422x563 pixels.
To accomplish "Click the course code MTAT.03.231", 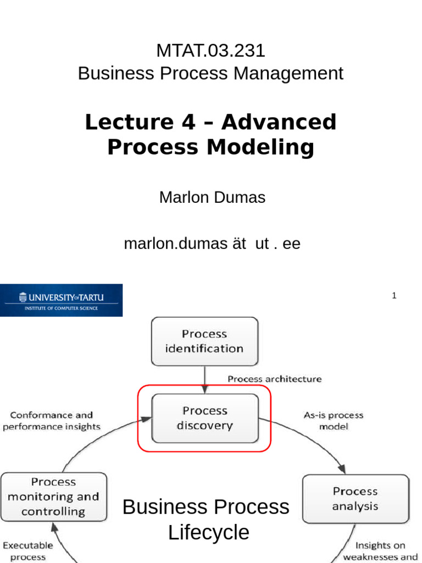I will click(210, 51).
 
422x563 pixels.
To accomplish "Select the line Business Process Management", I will click(210, 73).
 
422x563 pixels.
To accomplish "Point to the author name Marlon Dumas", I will click(212, 197).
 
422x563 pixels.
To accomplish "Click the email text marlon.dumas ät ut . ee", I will click(212, 244).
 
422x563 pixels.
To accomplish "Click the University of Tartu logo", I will click(61, 300).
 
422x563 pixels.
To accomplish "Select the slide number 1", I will click(394, 296).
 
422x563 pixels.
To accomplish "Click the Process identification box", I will click(204, 341).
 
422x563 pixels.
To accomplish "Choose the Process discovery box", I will click(204, 418).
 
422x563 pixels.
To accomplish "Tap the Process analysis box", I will click(355, 499).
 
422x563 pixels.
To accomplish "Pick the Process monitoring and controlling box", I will click(53, 497).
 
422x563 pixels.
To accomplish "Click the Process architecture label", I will click(274, 379).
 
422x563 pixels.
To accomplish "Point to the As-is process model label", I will click(334, 421).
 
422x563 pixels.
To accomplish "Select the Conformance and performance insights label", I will click(52, 421).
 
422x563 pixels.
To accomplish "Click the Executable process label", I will click(28, 551).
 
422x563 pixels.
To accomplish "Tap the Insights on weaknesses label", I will click(380, 551).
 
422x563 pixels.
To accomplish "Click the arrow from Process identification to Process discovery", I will click(204, 380).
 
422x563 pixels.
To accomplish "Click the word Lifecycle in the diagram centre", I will click(209, 533).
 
